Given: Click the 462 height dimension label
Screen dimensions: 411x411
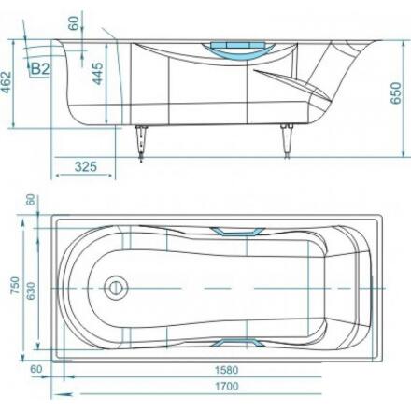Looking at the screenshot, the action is pos(7,83).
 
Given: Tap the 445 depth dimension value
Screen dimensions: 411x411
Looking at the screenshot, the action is pos(98,74).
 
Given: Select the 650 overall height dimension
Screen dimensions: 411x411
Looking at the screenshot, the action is pos(396,93).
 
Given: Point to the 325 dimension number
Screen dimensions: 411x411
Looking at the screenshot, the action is pos(86,166).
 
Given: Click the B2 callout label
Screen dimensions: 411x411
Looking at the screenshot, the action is pos(41,69).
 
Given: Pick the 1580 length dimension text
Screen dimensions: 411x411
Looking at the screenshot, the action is pos(227,370).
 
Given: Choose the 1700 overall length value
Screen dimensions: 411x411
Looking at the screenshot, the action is pos(227,387).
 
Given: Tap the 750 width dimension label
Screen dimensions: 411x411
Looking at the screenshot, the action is pos(15,286).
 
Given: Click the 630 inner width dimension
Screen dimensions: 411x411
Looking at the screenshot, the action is pos(31,291).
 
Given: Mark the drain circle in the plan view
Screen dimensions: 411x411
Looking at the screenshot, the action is pos(116,288).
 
